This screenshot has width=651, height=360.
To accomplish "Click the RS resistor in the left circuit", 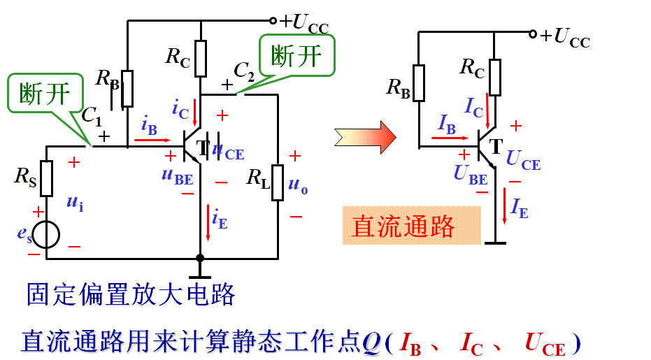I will pos(47,178).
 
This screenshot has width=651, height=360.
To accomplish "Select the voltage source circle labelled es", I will pos(47,236).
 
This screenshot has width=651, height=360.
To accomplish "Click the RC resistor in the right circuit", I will pos(495,77).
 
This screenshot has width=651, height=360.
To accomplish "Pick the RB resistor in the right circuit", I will pos(418,83).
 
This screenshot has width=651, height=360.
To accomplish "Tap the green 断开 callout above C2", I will pos(296,55).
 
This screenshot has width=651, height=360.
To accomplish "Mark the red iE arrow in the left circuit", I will pos(208,218).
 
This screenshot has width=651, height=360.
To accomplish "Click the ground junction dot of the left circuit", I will pos(201,259).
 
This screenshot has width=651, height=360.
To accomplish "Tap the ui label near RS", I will pos(76,203).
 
